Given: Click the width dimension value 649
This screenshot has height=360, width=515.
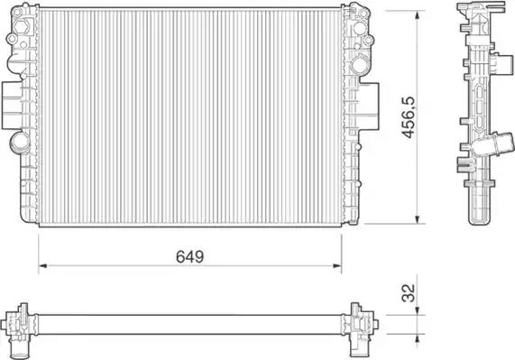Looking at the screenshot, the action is pyautogui.click(x=189, y=256).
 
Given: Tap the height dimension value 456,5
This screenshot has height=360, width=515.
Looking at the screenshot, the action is pyautogui.click(x=409, y=117).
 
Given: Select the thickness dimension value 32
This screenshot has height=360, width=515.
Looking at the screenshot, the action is pyautogui.click(x=409, y=292).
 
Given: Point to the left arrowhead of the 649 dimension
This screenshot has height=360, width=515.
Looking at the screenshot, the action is pyautogui.click(x=42, y=266).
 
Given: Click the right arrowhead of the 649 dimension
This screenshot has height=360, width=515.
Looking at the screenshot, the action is pyautogui.click(x=337, y=266).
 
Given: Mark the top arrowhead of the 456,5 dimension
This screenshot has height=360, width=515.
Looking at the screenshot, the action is pyautogui.click(x=417, y=15).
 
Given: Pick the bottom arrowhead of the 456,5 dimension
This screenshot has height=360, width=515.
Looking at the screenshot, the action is pyautogui.click(x=417, y=219).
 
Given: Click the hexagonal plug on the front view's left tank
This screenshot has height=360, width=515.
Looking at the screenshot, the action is pyautogui.click(x=23, y=26).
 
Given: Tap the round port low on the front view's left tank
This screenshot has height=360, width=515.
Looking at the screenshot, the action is pyautogui.click(x=20, y=143).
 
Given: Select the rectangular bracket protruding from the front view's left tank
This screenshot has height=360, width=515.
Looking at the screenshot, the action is pyautogui.click(x=12, y=105).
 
